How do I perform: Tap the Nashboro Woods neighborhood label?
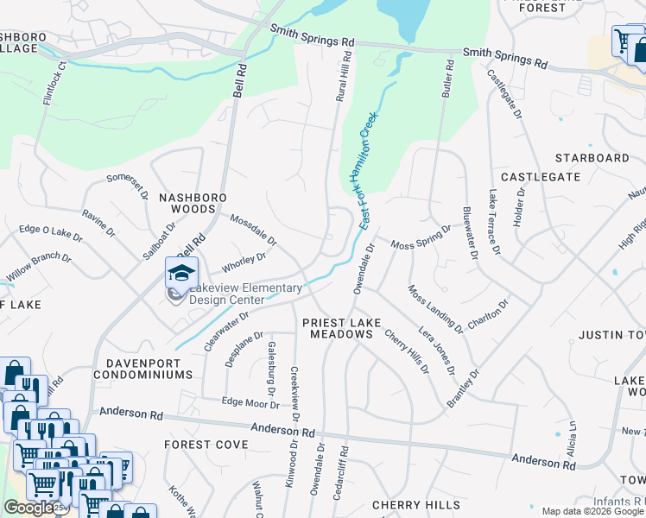[x=187, y=203]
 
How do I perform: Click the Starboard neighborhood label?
[x=592, y=158]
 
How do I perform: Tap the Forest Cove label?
[x=206, y=445]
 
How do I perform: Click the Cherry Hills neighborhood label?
[x=410, y=504]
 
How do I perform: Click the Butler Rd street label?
[x=447, y=78]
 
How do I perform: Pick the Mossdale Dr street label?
[x=253, y=228]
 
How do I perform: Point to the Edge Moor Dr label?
[x=250, y=402]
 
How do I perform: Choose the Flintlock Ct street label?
[x=50, y=83]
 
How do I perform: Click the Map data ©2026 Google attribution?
[x=592, y=511]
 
